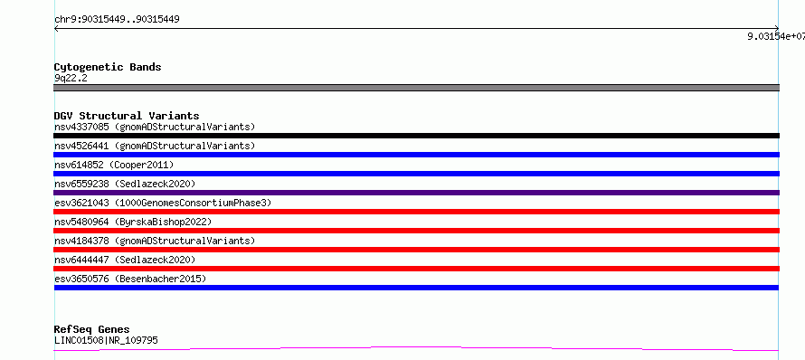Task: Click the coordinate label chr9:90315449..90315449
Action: [117, 20]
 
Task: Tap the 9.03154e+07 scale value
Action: [776, 36]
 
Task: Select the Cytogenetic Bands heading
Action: [108, 67]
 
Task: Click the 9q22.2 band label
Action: [71, 78]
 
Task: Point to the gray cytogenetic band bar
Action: [416, 88]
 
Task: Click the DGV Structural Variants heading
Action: [127, 116]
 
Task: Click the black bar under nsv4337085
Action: [416, 136]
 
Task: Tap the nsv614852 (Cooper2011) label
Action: [114, 165]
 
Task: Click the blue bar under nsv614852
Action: [416, 174]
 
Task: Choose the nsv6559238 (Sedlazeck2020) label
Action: [125, 184]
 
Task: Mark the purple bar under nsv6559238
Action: [416, 193]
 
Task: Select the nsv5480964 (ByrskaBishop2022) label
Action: [133, 222]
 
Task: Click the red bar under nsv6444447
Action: [416, 269]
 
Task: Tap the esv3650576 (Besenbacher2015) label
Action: [130, 279]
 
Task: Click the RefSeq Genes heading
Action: [92, 329]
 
